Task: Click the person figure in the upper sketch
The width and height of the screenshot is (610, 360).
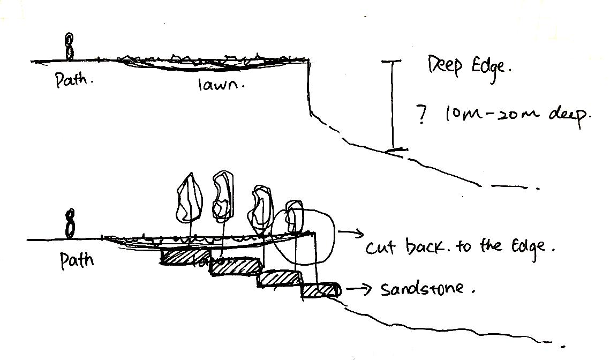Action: click(x=69, y=47)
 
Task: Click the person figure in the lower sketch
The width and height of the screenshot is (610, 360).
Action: click(x=70, y=225)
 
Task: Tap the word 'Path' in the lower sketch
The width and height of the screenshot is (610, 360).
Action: click(x=76, y=260)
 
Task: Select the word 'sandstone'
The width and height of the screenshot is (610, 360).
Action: click(x=428, y=290)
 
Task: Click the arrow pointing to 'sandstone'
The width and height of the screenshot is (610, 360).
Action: click(x=359, y=290)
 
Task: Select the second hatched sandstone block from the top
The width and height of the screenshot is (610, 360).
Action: click(x=235, y=266)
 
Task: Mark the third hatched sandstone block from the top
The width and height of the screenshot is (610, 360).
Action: click(x=279, y=279)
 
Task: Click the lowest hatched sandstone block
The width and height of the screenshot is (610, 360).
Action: click(x=320, y=289)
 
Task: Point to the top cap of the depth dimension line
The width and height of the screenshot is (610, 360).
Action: click(x=392, y=62)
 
